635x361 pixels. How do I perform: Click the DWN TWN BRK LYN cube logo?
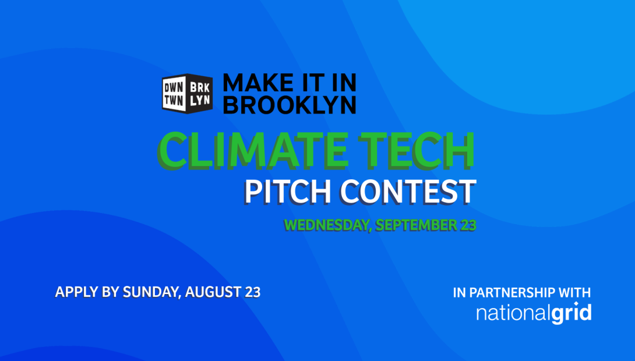(x=187, y=94)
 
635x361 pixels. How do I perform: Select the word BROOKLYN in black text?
(x=290, y=105)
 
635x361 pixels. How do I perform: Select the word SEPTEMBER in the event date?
(x=416, y=225)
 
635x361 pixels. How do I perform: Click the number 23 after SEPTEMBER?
(x=468, y=225)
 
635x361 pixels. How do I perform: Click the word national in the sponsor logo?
(x=513, y=314)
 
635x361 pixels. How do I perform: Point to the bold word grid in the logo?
(x=571, y=314)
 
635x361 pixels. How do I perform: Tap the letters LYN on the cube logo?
(x=200, y=100)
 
